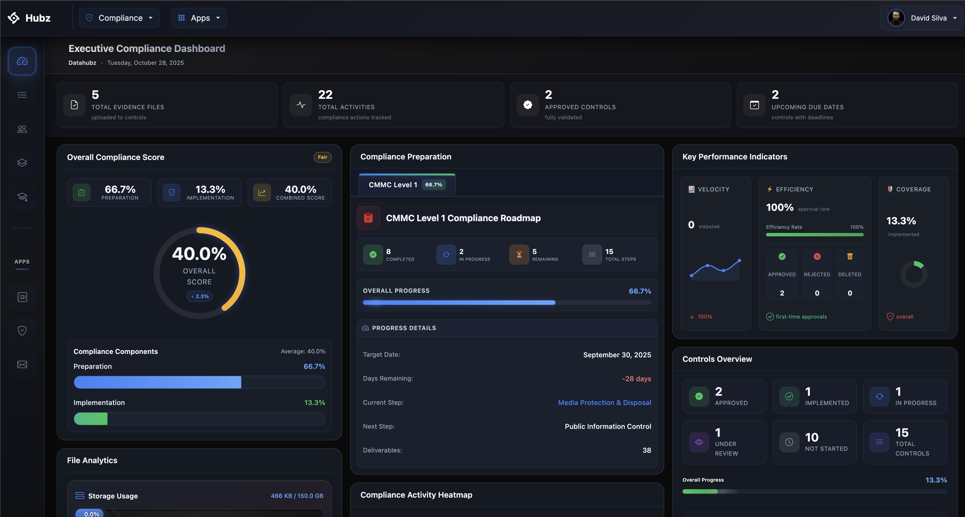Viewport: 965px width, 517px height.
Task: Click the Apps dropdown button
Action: [199, 18]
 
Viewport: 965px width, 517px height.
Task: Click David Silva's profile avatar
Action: [896, 18]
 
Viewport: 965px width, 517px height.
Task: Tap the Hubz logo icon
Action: [13, 18]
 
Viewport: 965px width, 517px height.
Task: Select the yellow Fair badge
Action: [322, 157]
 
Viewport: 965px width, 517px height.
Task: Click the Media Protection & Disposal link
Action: [604, 403]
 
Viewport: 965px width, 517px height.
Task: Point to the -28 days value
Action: [636, 379]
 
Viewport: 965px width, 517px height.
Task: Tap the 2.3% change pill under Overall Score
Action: [199, 296]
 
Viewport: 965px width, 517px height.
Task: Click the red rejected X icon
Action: [817, 257]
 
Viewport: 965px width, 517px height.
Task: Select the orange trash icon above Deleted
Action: [850, 257]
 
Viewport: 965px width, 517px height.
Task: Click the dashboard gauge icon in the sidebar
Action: [22, 61]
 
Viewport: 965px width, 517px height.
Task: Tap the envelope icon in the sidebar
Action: [22, 364]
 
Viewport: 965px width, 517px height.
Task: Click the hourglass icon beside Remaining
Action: [519, 255]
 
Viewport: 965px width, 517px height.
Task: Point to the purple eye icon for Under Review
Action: [699, 442]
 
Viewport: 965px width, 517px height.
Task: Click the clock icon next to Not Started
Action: [789, 442]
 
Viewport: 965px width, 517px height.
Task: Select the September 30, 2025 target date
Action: [617, 355]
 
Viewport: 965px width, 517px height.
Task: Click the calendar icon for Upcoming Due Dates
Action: [754, 105]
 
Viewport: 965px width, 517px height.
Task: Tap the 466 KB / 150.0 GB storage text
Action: [297, 496]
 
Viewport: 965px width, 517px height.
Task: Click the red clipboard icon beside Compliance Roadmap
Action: [368, 218]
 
